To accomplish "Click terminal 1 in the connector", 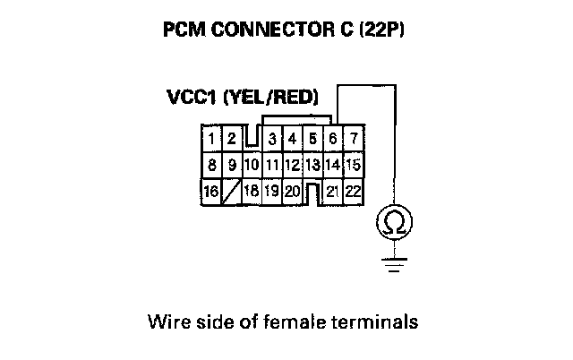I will click(x=211, y=139).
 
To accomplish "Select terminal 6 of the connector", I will click(x=332, y=139).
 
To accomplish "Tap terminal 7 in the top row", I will click(x=354, y=139).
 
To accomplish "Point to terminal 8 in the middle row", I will click(x=211, y=165).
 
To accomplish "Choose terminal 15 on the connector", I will click(x=353, y=165).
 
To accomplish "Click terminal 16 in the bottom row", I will click(x=211, y=191).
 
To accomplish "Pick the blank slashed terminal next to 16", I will click(x=231, y=191).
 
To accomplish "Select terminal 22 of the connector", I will click(x=353, y=191).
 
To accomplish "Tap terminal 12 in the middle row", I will click(x=291, y=165).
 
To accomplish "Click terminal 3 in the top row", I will click(x=271, y=139).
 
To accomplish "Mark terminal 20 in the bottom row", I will click(x=291, y=191).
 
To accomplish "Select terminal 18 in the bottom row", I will click(x=252, y=191).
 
